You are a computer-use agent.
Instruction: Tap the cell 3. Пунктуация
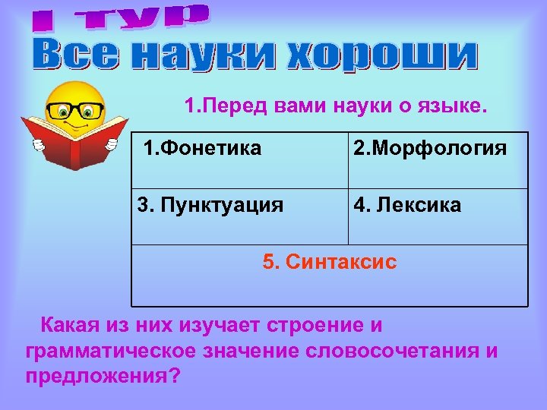point(210,204)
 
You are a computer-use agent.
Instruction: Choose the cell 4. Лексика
point(406,204)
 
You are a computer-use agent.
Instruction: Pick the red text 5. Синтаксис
point(329,262)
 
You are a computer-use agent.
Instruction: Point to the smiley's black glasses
point(75,111)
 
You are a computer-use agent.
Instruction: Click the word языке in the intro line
point(447,106)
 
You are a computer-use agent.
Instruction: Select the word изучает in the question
point(221,326)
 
